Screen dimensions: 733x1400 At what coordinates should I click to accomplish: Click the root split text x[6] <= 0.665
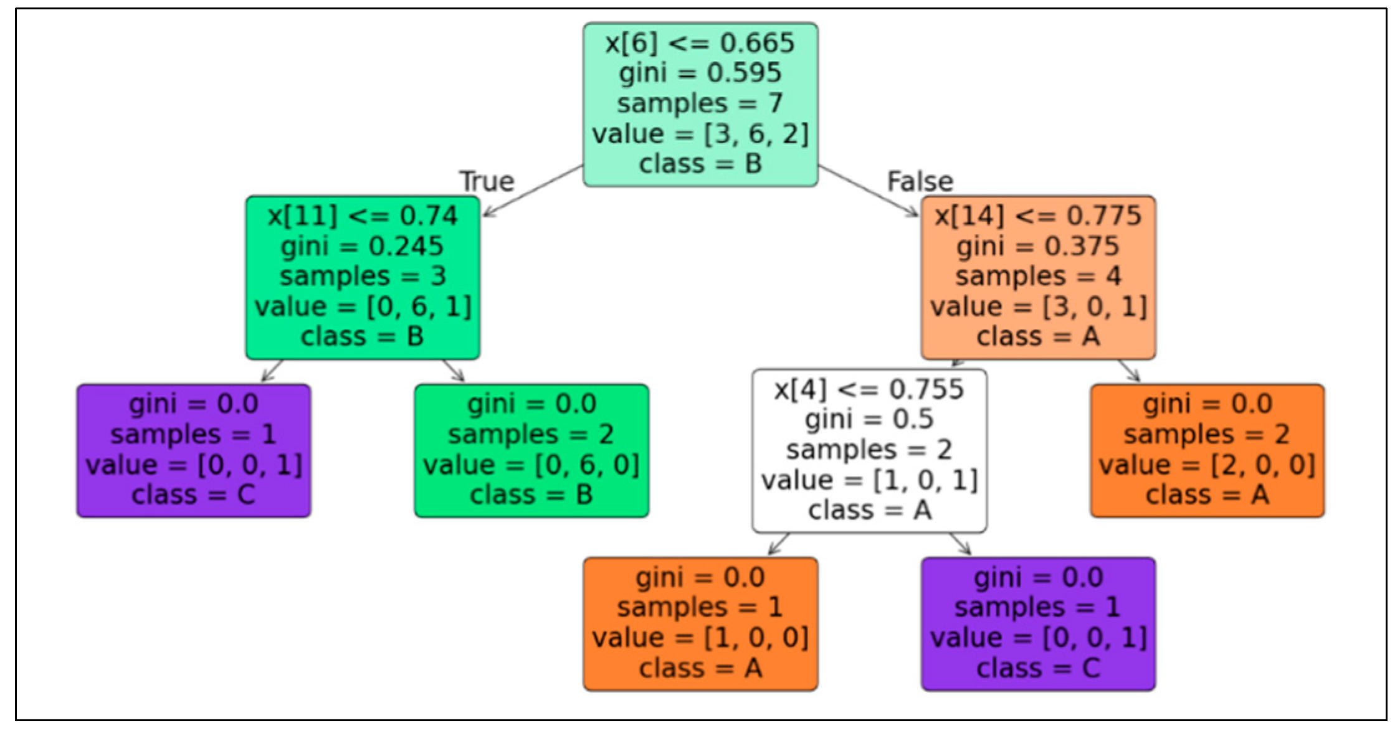700,43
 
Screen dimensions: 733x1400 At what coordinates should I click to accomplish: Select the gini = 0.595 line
700,73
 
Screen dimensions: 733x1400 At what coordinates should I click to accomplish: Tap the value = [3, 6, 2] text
700,134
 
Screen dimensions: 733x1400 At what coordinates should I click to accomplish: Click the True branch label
487,181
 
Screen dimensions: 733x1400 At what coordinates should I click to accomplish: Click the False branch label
920,181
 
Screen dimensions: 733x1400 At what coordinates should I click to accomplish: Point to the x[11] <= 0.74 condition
363,215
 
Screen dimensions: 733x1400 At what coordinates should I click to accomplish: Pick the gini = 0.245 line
363,246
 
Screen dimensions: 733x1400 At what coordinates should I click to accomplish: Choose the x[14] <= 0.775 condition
1038,215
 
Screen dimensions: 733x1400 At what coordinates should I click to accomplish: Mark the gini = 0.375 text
1038,246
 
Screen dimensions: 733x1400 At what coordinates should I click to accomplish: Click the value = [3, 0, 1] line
1038,306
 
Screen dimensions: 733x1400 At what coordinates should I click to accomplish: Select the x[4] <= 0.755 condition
869,389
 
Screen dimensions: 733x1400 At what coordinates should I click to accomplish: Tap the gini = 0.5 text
869,419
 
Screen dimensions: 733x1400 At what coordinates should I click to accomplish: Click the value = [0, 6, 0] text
531,465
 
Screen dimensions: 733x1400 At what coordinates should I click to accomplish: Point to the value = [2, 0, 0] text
1207,465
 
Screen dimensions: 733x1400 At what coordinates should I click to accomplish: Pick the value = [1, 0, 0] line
700,638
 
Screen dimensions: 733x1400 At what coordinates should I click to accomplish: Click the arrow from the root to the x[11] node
533,191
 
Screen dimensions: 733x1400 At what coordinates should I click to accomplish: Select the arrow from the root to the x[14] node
868,191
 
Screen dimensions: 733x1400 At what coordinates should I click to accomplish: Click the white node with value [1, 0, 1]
869,450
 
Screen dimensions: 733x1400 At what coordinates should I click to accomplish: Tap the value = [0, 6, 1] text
363,306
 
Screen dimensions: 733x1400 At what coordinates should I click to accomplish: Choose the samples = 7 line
700,103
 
